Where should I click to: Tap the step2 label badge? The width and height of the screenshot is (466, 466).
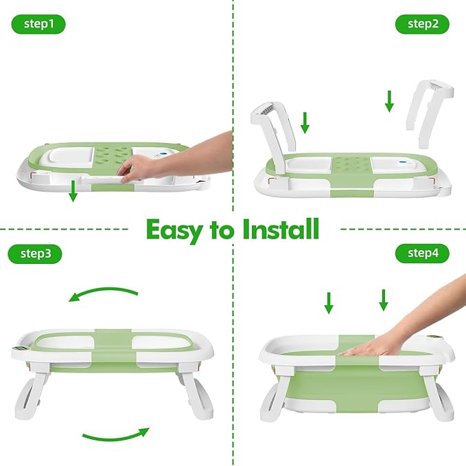[423, 25]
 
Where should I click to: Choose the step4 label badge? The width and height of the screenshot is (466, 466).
[423, 254]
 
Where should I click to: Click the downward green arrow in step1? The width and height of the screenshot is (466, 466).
[73, 192]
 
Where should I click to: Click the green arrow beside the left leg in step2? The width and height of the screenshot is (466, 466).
[305, 122]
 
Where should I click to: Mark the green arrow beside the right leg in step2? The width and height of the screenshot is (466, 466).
[390, 101]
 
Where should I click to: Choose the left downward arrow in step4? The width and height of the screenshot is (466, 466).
[329, 302]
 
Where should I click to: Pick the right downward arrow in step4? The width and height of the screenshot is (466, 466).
[384, 299]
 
